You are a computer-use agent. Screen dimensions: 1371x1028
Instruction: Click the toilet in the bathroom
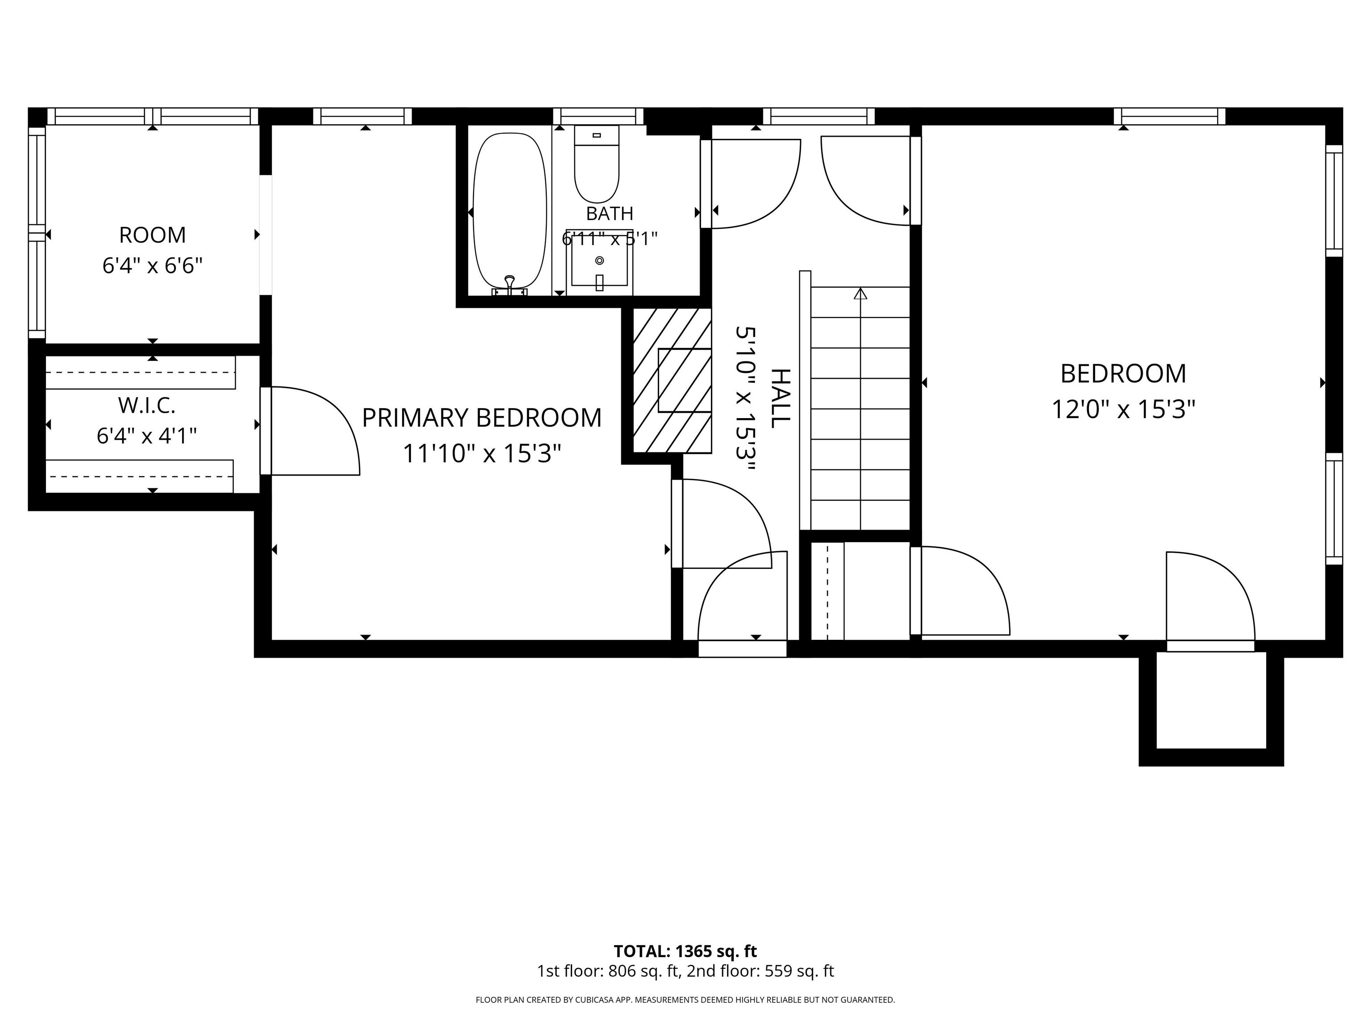click(597, 164)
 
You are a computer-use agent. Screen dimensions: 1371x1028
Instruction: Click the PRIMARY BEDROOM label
click(482, 418)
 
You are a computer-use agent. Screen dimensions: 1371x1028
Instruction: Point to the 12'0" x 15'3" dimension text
click(1123, 410)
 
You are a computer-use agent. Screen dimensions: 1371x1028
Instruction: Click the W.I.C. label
click(147, 406)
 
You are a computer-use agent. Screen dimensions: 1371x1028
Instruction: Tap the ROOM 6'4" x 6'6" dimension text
click(153, 266)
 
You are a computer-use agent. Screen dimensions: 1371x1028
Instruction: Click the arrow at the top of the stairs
click(860, 294)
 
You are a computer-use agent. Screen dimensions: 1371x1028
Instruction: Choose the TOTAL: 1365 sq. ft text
click(685, 951)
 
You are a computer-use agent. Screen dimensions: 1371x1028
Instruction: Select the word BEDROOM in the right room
click(1123, 373)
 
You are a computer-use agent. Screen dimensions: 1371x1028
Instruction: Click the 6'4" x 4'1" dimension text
click(147, 436)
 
